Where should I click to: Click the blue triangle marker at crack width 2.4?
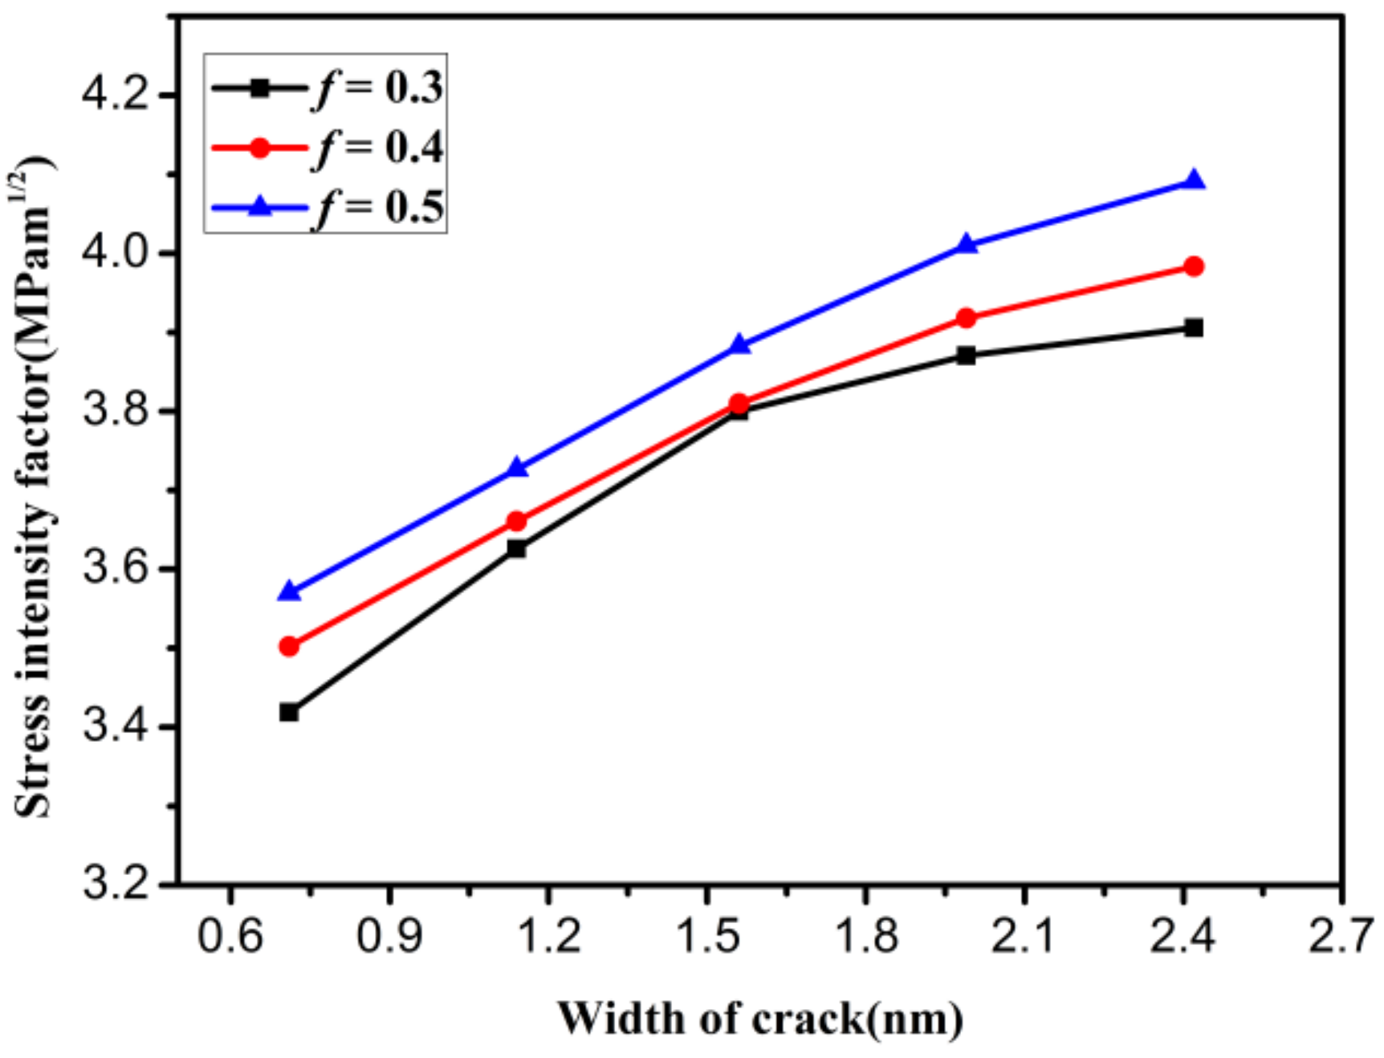tap(1194, 181)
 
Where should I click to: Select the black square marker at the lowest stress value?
tap(289, 712)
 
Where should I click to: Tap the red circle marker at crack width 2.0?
tap(967, 319)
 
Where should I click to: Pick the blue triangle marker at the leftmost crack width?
tap(289, 592)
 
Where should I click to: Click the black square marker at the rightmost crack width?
tap(1194, 328)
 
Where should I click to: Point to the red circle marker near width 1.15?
tap(516, 522)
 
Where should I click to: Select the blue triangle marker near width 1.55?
tap(739, 346)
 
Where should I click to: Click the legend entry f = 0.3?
tap(325, 87)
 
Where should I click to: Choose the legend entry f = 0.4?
tap(325, 148)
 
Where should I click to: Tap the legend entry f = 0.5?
tap(325, 207)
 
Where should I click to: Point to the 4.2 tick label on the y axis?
tap(117, 96)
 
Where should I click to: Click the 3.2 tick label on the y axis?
tap(117, 885)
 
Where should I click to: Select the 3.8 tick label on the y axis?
tap(117, 411)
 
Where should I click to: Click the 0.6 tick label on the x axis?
tap(230, 936)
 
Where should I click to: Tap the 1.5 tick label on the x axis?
tap(707, 936)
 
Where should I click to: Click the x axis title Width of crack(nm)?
tap(759, 1019)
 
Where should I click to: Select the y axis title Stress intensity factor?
tap(34, 490)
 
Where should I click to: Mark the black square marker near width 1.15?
tap(516, 549)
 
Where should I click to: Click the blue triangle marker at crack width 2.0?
tap(967, 245)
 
